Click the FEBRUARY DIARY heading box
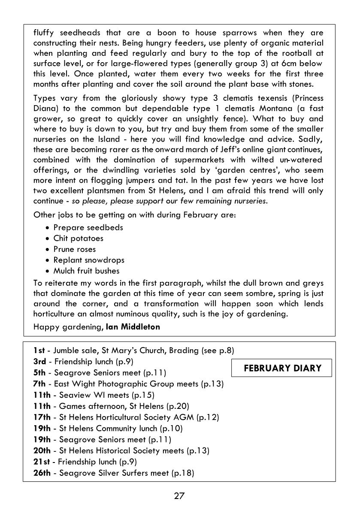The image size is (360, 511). [281, 368]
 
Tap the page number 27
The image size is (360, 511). [179, 496]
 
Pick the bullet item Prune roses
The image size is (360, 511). [74, 249]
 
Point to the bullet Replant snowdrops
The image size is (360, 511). [88, 260]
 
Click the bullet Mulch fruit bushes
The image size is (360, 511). [86, 271]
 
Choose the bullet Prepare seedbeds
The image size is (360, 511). [88, 227]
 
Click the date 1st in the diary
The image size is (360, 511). [39, 351]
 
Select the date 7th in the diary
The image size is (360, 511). [40, 384]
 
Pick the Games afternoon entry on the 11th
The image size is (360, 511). [112, 406]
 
